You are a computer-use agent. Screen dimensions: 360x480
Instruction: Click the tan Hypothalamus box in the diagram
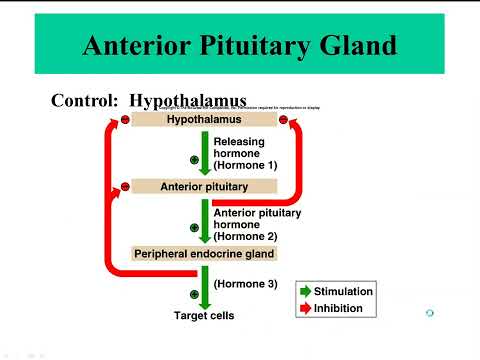[203, 119]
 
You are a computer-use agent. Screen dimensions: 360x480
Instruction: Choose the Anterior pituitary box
[203, 186]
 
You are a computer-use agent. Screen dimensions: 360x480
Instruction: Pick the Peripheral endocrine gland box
[203, 254]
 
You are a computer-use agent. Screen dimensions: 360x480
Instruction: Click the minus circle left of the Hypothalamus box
[125, 120]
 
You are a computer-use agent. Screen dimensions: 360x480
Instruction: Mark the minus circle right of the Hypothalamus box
[283, 120]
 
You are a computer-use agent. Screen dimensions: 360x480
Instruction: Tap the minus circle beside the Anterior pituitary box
[125, 186]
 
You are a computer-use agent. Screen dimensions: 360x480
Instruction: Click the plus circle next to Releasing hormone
[194, 159]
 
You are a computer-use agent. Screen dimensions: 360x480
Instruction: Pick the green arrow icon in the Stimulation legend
[305, 291]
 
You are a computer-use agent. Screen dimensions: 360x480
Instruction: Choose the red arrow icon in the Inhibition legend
[305, 309]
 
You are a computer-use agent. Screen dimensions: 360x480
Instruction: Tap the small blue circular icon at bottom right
[429, 313]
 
